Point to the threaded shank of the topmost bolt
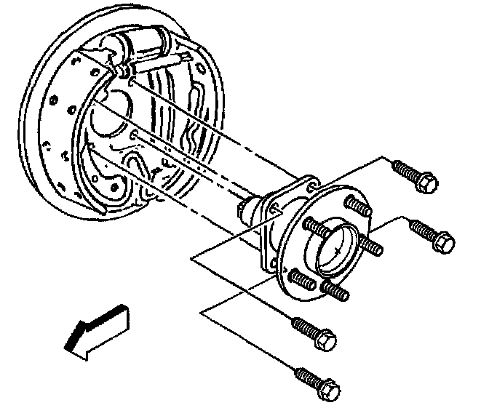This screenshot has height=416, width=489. pos(405,171)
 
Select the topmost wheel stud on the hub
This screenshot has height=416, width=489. pos(356,204)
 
